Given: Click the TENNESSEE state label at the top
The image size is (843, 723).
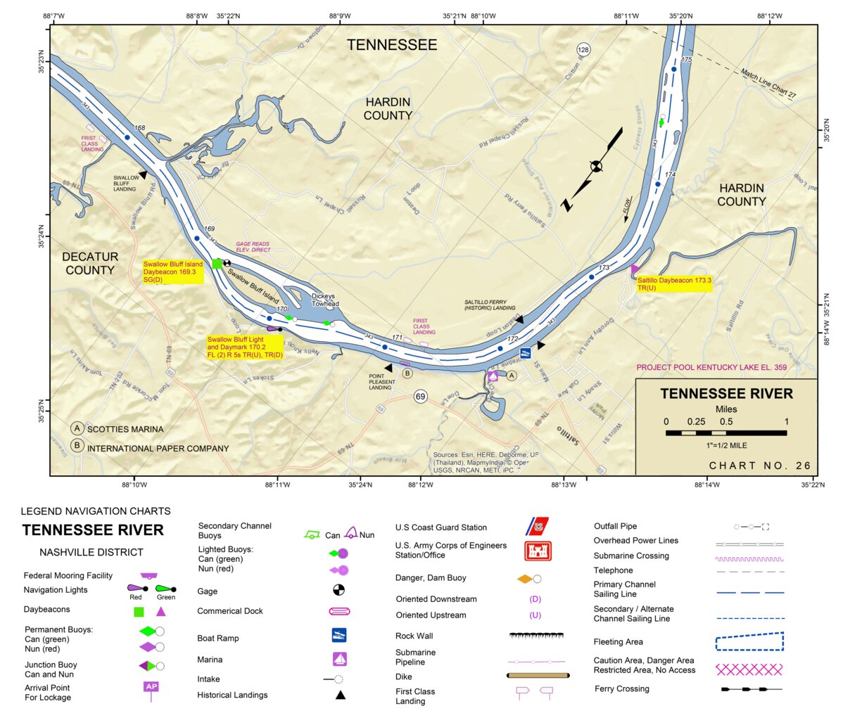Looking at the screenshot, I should (392, 45).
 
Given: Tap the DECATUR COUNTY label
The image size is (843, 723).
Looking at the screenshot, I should (90, 263).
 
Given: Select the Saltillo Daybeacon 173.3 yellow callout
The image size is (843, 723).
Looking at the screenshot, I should (674, 284).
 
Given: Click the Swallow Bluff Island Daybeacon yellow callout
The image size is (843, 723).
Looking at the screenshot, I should (173, 272).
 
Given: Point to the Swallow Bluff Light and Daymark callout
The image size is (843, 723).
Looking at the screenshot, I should (245, 347).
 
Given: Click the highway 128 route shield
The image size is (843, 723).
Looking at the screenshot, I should (583, 49).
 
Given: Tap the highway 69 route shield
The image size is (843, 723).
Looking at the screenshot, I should (420, 397).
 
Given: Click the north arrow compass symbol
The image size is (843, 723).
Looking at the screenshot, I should (596, 167).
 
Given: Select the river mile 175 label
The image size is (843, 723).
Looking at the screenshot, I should (687, 60).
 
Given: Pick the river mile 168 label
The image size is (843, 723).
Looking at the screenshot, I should (139, 128).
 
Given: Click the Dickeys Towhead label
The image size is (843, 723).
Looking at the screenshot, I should (325, 300).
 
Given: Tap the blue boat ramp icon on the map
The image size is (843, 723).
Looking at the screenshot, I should (525, 352).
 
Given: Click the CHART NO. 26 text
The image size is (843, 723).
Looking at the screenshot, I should (760, 466).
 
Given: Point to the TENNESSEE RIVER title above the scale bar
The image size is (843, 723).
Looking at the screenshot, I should (726, 394).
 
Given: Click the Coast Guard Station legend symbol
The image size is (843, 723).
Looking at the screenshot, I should (538, 527).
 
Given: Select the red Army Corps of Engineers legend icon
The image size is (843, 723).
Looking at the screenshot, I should (538, 551).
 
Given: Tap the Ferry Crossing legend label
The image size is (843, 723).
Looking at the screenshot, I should (622, 689).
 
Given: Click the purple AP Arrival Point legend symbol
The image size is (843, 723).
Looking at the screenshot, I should (151, 688).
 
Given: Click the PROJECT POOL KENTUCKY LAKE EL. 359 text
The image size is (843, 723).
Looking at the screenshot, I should (711, 367).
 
